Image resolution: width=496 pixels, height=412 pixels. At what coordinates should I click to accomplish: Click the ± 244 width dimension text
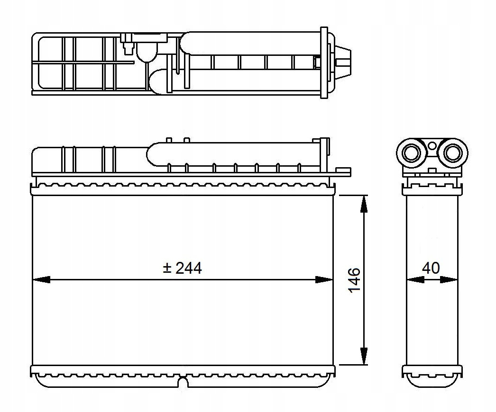(x=182, y=269)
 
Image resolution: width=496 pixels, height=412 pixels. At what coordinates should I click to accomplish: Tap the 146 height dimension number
(x=355, y=280)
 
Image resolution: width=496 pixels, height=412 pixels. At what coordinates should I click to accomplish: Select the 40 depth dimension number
(x=431, y=268)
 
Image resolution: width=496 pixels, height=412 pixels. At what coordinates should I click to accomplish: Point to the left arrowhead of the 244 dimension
(x=41, y=279)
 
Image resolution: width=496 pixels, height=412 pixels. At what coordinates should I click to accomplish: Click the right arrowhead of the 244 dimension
(x=324, y=279)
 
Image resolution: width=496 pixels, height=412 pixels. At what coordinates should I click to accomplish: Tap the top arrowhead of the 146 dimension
(x=364, y=204)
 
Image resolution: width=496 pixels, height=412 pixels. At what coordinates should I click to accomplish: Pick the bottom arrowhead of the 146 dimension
(x=364, y=356)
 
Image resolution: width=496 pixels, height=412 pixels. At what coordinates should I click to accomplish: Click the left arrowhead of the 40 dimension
(x=415, y=279)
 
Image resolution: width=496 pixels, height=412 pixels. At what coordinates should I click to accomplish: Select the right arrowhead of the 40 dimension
(x=449, y=279)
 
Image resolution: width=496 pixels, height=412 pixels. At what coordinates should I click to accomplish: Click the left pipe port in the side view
(x=410, y=153)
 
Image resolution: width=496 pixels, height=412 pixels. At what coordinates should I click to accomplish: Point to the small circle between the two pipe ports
(x=432, y=146)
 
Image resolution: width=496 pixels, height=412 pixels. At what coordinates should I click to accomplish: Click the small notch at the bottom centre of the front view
(x=183, y=382)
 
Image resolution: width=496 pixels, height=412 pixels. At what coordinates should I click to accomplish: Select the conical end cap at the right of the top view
(x=343, y=61)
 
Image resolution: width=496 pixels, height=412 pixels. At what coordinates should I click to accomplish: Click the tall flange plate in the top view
(x=324, y=63)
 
